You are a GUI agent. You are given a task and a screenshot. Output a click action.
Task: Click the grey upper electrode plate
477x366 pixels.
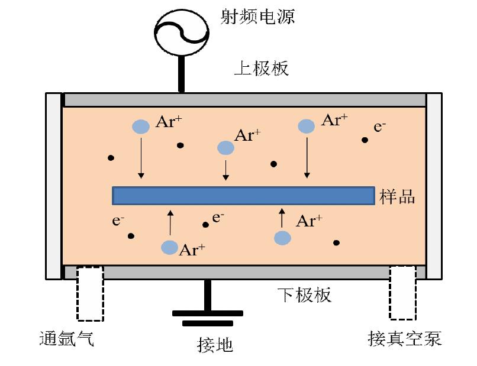tap(244, 99)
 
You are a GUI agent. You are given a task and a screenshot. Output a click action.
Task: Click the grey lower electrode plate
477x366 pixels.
tap(244, 272)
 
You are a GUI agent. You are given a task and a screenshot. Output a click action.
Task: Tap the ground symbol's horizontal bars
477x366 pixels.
tap(207, 317)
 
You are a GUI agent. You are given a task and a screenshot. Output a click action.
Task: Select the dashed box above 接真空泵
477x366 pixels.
tap(402, 292)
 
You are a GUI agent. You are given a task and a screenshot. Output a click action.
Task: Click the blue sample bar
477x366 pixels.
tap(243, 196)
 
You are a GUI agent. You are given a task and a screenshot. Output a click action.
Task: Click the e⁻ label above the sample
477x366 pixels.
tap(380, 127)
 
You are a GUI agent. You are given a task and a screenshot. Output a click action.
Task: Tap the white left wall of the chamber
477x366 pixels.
tap(54, 185)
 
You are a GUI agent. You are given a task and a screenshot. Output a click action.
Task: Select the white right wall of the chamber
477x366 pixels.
tap(434, 185)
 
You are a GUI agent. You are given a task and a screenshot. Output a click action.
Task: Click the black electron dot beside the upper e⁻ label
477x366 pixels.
tap(365, 140)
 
